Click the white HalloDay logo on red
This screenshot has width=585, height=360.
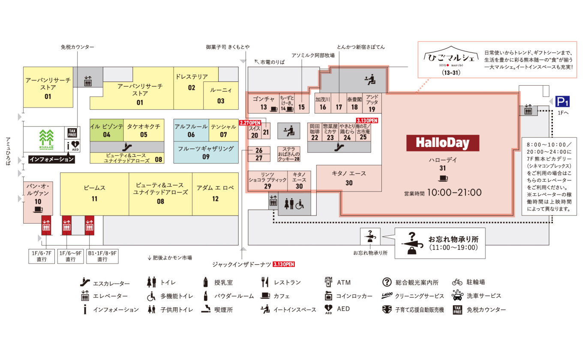click(x=442, y=143)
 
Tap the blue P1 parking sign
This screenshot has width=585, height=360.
click(x=562, y=102)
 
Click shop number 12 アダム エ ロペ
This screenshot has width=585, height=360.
click(x=215, y=194)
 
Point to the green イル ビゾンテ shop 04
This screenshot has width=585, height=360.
click(x=106, y=130)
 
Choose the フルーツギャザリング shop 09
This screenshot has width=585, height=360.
click(x=206, y=153)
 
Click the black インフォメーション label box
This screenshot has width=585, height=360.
click(x=51, y=159)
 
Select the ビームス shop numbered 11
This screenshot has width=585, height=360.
click(x=94, y=194)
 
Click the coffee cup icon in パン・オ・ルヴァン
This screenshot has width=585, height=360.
click(x=38, y=210)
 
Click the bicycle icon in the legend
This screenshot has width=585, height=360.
click(x=457, y=282)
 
